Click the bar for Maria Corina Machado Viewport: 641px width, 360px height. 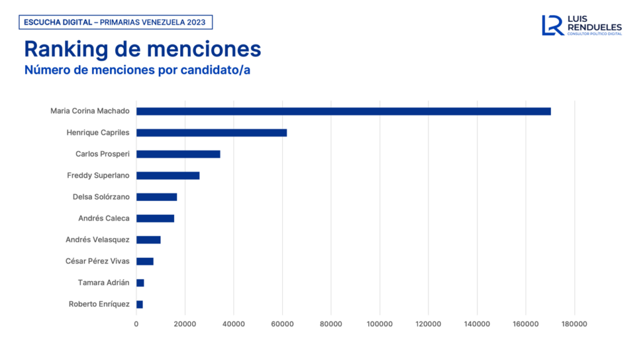tap(343, 111)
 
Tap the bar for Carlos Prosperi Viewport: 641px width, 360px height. tap(178, 154)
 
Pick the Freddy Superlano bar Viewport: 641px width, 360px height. tap(168, 175)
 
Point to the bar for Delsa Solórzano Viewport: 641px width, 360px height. tap(156, 197)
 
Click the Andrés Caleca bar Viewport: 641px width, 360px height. tap(155, 219)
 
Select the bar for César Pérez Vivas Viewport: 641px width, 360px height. tap(145, 261)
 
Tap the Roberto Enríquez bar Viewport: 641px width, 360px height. tap(140, 304)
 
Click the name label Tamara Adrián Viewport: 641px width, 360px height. tap(103, 282)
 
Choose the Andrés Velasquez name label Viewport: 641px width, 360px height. tap(97, 240)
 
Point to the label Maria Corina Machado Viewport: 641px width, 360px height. tap(90, 111)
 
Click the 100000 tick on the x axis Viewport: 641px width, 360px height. tap(379, 324)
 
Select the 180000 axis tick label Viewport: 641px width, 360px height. tap(574, 324)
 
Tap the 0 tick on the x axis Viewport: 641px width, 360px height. tap(136, 324)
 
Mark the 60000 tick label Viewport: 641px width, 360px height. tap(282, 324)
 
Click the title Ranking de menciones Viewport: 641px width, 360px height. tap(142, 49)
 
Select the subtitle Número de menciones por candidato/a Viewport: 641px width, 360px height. tap(137, 69)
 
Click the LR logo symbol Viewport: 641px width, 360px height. tap(553, 25)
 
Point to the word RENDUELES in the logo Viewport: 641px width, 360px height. tap(595, 27)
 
